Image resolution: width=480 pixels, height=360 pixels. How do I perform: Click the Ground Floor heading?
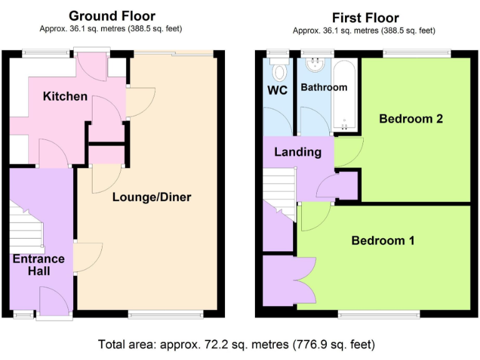point(111,16)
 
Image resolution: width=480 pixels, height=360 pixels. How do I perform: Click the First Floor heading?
point(365,17)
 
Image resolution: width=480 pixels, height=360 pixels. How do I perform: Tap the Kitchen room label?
point(65,96)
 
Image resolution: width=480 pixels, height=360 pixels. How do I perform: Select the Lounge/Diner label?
point(151,197)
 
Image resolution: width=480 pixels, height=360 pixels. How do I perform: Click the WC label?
point(277,91)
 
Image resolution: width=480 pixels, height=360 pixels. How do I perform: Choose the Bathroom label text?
point(323,87)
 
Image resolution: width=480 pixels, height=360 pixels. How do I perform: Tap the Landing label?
point(297,152)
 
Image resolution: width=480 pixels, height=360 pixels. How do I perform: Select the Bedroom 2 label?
point(411,119)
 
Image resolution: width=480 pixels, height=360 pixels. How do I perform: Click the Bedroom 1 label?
point(382,241)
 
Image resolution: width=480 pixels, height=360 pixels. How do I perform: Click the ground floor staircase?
point(26,228)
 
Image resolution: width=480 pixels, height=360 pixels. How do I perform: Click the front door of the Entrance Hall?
point(54,302)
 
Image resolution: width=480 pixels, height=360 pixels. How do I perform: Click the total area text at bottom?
point(236,344)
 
